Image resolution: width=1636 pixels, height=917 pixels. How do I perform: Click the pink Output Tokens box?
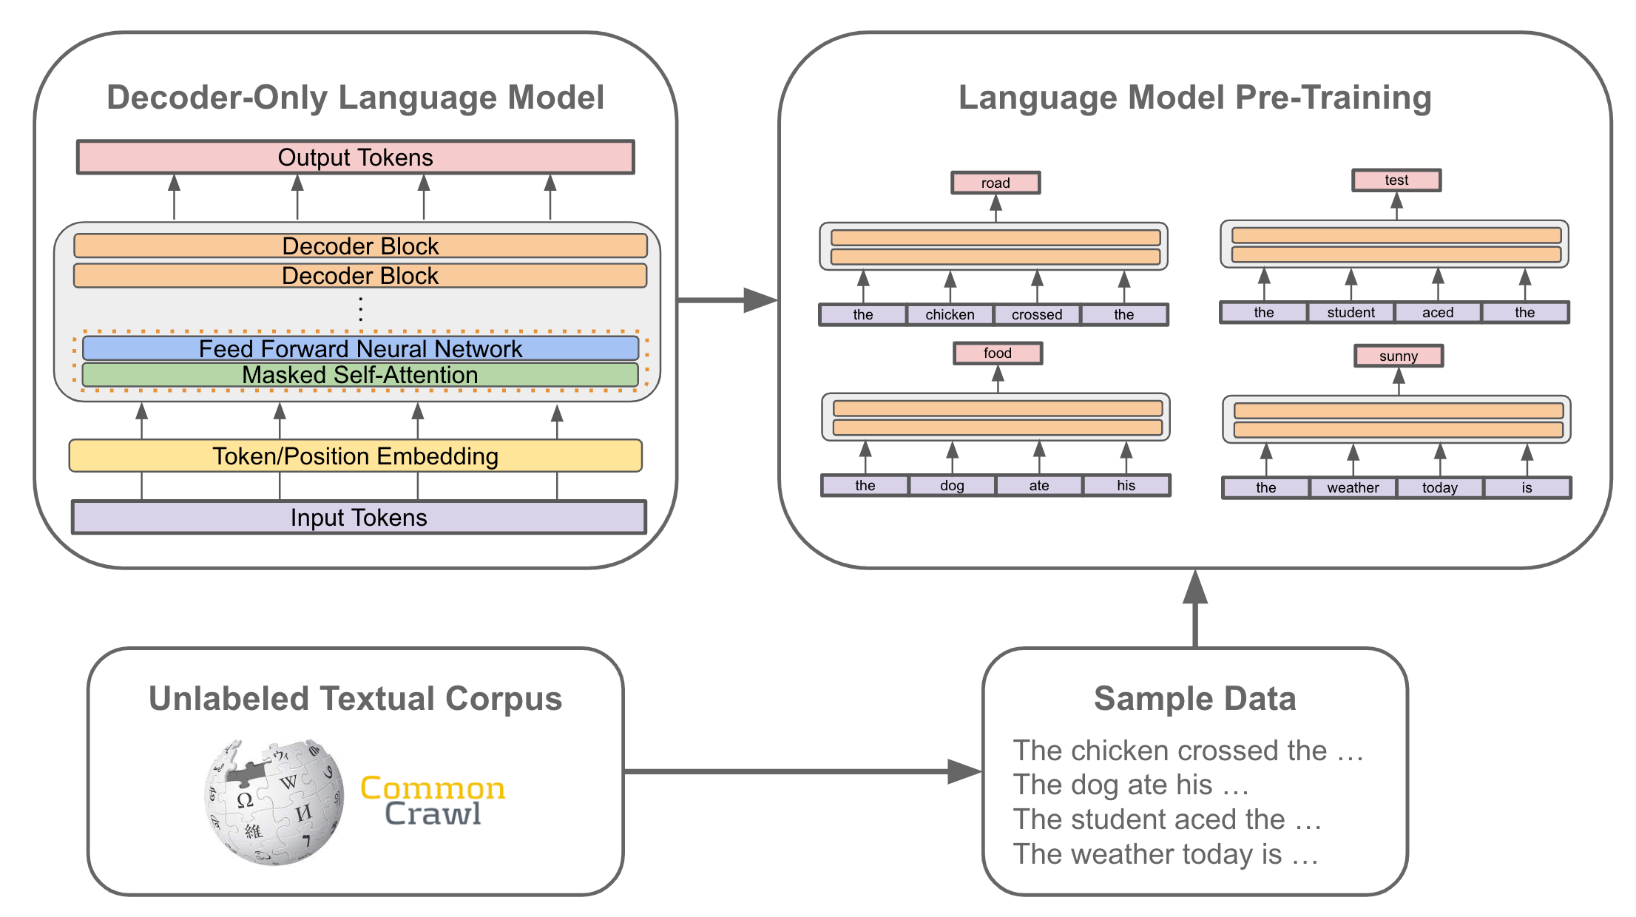(355, 158)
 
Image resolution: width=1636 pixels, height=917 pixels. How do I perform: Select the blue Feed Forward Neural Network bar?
(360, 348)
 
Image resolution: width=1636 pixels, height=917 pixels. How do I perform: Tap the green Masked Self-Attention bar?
(360, 375)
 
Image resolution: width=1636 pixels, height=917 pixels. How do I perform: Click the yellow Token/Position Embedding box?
(355, 456)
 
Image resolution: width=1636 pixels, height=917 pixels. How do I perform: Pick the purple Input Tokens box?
(359, 518)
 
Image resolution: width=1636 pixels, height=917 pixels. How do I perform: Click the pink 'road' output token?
(996, 183)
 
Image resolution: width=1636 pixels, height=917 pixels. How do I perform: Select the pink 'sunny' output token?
(1398, 356)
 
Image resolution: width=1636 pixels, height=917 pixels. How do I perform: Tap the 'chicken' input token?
(950, 314)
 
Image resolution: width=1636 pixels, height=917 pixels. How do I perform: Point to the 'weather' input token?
(1353, 487)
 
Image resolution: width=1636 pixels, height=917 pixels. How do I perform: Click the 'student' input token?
(1351, 312)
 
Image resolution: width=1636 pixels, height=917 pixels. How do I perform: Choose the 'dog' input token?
(952, 485)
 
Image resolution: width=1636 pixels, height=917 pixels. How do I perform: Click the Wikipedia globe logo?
(274, 802)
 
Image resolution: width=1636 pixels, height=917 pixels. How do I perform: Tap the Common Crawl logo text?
(433, 800)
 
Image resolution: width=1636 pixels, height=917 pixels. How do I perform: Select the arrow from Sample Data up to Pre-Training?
(1195, 610)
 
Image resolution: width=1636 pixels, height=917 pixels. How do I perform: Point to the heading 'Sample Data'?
(1194, 699)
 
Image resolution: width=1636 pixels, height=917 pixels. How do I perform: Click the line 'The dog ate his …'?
(1131, 785)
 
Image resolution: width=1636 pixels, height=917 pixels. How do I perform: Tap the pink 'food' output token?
(997, 353)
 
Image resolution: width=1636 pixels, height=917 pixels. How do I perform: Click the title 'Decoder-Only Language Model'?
(355, 98)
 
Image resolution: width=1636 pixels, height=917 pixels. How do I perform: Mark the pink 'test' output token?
(1396, 180)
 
